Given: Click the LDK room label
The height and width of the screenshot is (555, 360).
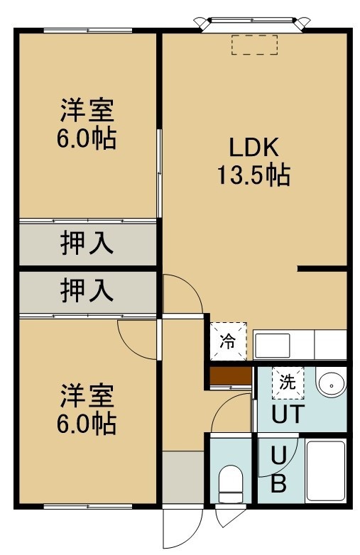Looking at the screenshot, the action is [253, 147].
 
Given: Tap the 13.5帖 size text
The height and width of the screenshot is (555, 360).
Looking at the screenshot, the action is [253, 175].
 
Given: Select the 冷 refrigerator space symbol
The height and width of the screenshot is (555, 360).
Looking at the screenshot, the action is [229, 341].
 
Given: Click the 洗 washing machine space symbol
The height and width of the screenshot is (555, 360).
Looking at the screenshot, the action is [288, 383].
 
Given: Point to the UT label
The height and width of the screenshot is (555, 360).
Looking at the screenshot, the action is [288, 414].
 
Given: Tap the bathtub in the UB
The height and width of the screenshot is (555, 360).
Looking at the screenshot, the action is [325, 470].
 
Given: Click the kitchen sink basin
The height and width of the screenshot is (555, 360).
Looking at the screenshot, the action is [272, 346].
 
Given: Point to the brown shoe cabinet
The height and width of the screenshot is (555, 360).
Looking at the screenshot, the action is [231, 376].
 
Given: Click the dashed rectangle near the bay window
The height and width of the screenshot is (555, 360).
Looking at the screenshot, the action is [254, 45].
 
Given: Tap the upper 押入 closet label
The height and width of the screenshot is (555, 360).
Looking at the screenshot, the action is [87, 243].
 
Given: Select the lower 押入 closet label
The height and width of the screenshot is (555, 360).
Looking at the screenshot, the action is [87, 290].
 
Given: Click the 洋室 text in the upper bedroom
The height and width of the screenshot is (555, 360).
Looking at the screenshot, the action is [87, 111].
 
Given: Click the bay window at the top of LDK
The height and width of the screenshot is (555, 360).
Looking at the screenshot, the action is [252, 23].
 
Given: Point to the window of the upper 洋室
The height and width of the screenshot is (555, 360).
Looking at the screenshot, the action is [88, 31].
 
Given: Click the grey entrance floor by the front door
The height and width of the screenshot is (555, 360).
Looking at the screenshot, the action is [183, 477].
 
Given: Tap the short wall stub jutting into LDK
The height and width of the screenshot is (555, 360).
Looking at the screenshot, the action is [322, 269].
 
